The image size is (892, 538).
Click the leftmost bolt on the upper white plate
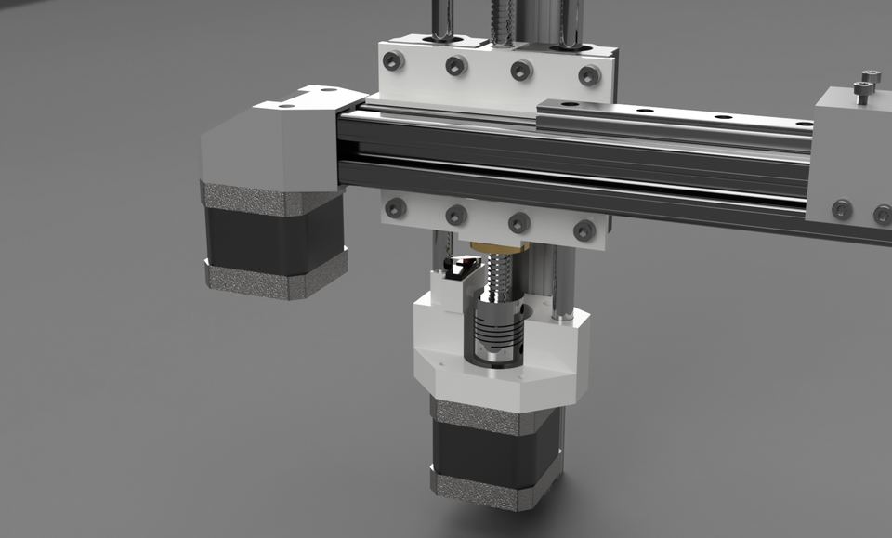pos(394,61)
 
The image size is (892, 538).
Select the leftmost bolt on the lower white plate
pos(394,208)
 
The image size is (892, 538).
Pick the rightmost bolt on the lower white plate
pos(584,230)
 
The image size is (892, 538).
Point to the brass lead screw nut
pos(496,246)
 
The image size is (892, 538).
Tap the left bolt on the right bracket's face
pos(842,209)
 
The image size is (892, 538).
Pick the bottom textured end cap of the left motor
pos(274,280)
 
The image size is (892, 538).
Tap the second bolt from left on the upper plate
pos(455,65)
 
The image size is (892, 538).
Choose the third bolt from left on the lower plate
pos(518,222)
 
